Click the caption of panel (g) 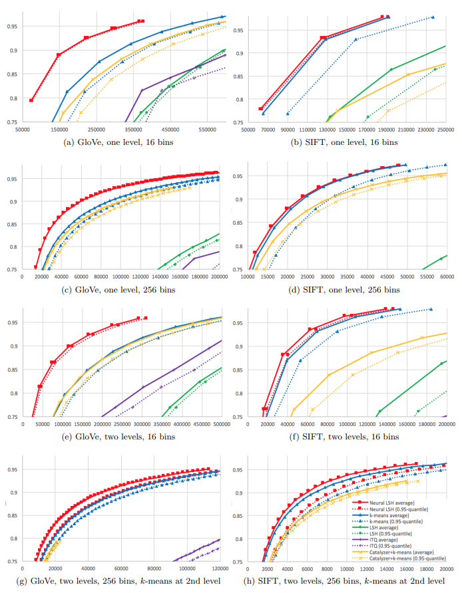[x=126, y=583]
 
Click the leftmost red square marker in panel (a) [x=31, y=100]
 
